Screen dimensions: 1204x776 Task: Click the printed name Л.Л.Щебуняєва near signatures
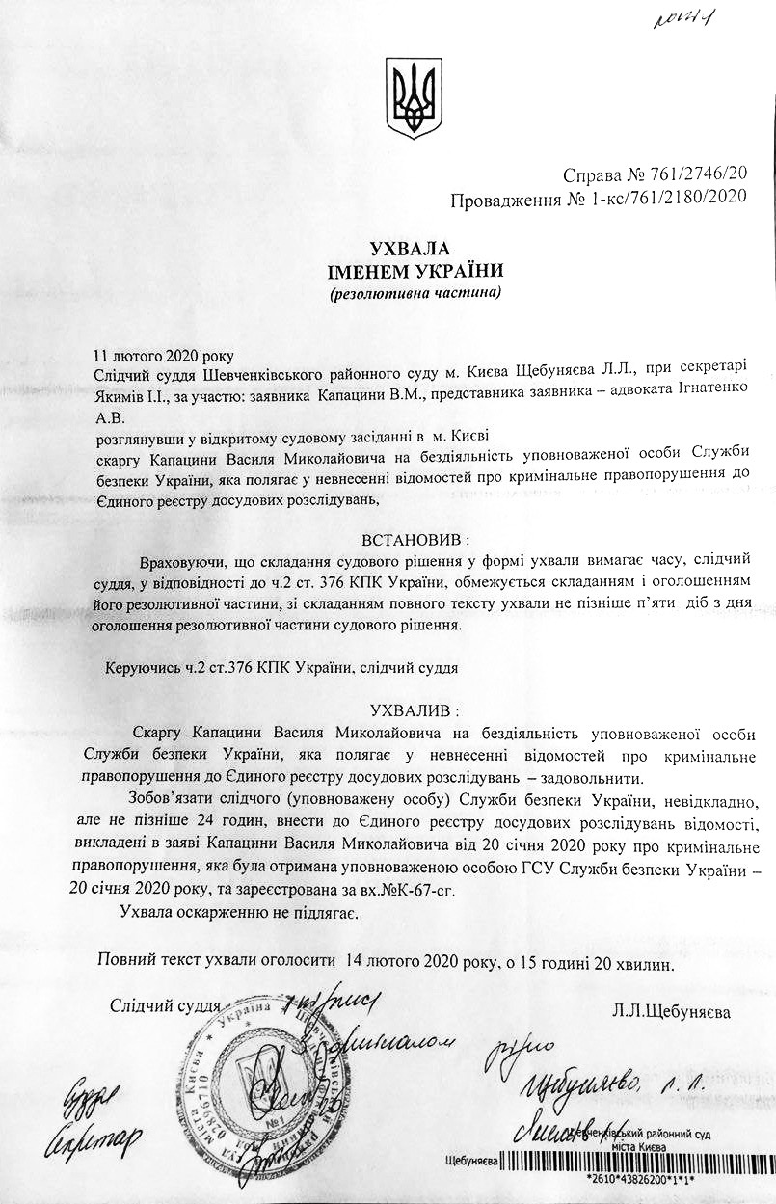(x=671, y=1012)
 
